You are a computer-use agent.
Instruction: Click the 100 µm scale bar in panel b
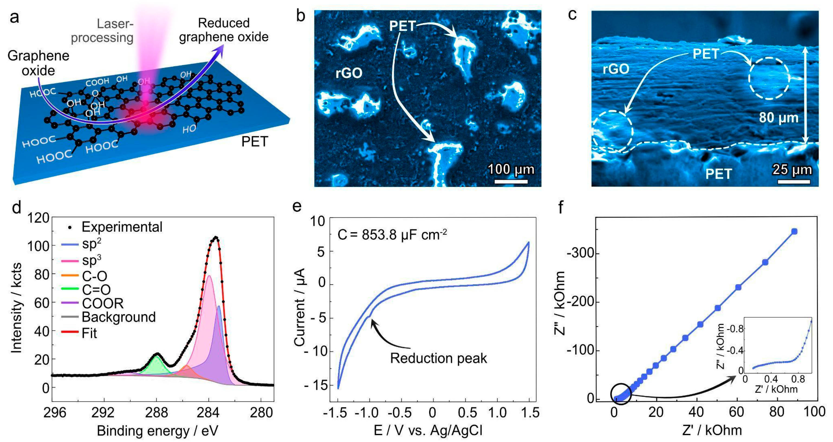(x=511, y=182)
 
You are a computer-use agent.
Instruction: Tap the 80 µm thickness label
(x=779, y=118)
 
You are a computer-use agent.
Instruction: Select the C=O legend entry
(x=96, y=290)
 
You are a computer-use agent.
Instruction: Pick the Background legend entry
(x=118, y=317)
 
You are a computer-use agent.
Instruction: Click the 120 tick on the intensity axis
(x=38, y=218)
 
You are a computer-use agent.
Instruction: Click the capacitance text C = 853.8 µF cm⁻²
(x=392, y=235)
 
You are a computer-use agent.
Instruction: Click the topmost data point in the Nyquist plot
(x=794, y=231)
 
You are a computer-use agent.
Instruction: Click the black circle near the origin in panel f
(x=621, y=394)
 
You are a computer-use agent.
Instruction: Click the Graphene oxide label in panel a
(x=38, y=63)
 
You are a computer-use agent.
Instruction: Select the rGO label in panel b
(x=349, y=73)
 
